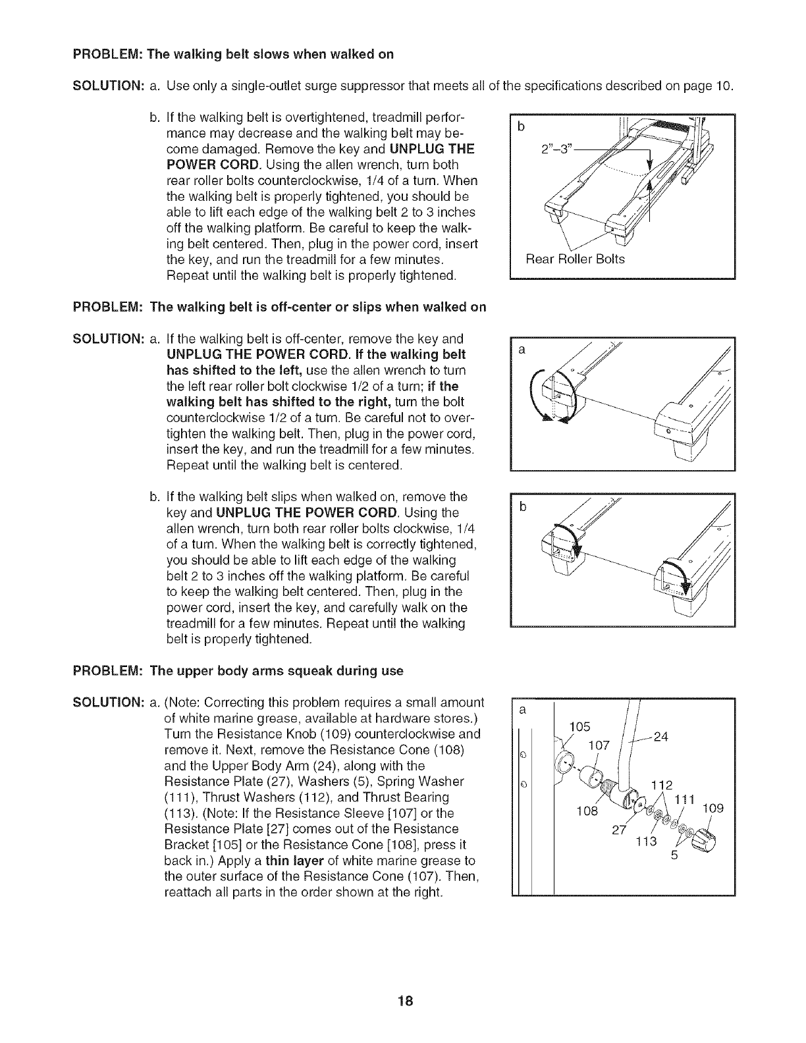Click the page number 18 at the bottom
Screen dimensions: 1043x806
[404, 1002]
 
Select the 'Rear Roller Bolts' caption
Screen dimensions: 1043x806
[575, 259]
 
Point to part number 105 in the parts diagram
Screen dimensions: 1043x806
[579, 726]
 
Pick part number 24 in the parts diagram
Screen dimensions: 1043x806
[661, 737]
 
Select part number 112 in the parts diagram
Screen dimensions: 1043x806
[661, 785]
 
